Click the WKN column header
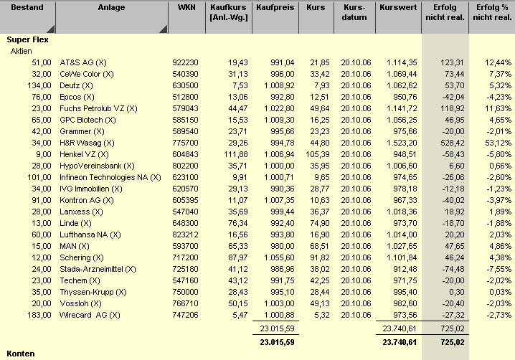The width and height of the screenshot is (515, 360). pos(185,8)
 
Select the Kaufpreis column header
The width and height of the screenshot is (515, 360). pos(275,8)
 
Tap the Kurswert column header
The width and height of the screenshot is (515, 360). pos(397,8)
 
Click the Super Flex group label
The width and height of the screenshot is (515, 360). pos(27,40)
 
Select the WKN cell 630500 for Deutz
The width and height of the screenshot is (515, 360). pos(185,86)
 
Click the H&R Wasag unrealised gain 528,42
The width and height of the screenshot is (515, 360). pos(445,143)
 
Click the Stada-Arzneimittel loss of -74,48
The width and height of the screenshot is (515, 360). pos(445,269)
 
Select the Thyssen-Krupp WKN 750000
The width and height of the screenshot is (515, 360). pos(185,292)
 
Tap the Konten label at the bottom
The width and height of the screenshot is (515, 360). pos(21,354)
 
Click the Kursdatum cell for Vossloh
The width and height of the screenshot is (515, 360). pos(354,303)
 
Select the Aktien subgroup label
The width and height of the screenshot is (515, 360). pos(22,52)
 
